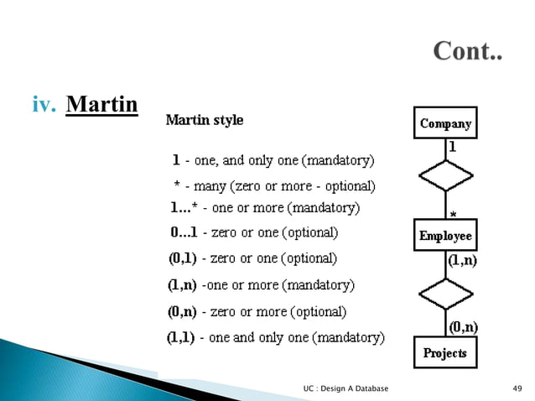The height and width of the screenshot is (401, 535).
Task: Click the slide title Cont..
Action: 468,52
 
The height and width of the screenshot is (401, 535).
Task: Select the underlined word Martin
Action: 101,106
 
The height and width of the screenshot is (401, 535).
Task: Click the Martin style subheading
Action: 205,120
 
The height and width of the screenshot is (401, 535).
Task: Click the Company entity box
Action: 445,123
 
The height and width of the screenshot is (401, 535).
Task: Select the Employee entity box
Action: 445,237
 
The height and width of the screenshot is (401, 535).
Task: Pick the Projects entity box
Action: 444,352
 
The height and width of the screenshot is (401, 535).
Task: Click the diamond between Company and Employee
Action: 445,176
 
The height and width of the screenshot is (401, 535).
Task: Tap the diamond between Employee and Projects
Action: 445,294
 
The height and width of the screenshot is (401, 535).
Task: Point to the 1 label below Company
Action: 452,146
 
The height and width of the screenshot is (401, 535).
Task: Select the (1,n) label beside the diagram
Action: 463,261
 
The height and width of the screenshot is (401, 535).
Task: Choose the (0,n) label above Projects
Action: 463,326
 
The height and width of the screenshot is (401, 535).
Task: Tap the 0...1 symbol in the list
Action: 184,232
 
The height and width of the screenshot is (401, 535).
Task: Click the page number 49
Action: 517,388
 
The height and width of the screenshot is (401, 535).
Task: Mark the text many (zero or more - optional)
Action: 285,185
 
